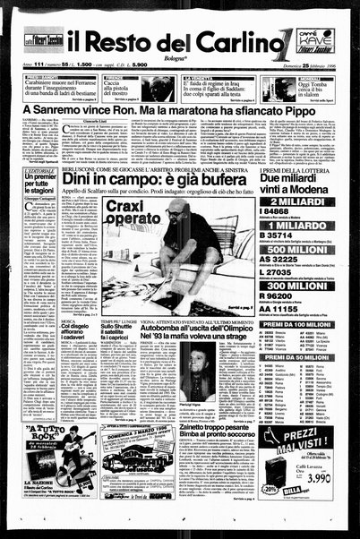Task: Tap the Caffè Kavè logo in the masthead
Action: (318, 40)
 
